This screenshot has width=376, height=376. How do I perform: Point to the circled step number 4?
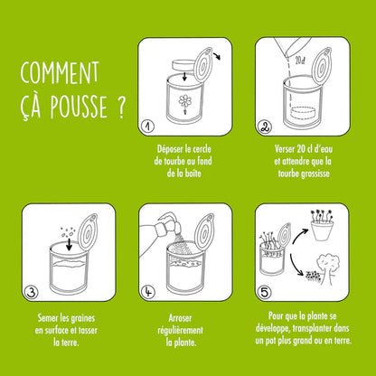coord(149,290)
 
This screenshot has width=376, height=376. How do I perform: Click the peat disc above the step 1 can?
coord(185,62)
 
